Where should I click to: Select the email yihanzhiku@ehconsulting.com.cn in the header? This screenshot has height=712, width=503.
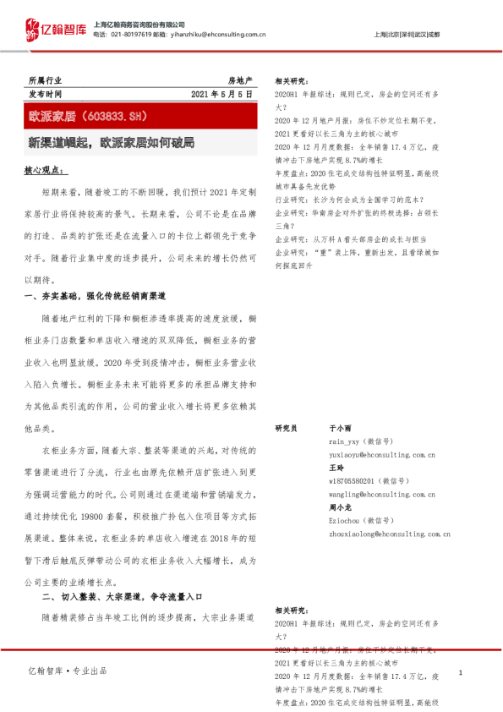point(225,34)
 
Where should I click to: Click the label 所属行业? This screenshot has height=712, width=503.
point(45,79)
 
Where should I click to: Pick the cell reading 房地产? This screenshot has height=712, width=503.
point(240,79)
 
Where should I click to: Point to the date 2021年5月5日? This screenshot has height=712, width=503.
point(221,94)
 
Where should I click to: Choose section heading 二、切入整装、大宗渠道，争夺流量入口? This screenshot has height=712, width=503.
point(123,598)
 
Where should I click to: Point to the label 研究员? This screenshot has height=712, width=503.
point(286,430)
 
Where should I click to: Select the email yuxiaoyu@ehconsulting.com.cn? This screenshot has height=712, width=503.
point(382,455)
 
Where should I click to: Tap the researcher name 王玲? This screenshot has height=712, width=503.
point(336,468)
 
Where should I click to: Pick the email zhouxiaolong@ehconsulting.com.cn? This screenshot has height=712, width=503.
point(389,534)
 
